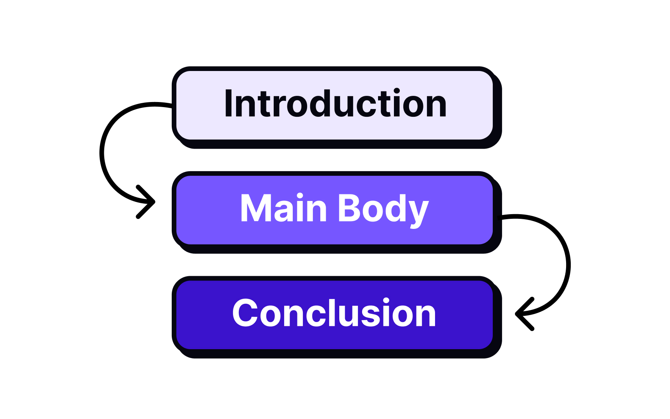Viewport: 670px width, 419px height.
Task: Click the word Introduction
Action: (x=335, y=104)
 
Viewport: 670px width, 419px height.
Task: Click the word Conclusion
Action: (x=334, y=313)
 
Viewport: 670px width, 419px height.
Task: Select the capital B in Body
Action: (x=350, y=208)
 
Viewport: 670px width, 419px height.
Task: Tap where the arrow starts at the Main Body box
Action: (x=500, y=218)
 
